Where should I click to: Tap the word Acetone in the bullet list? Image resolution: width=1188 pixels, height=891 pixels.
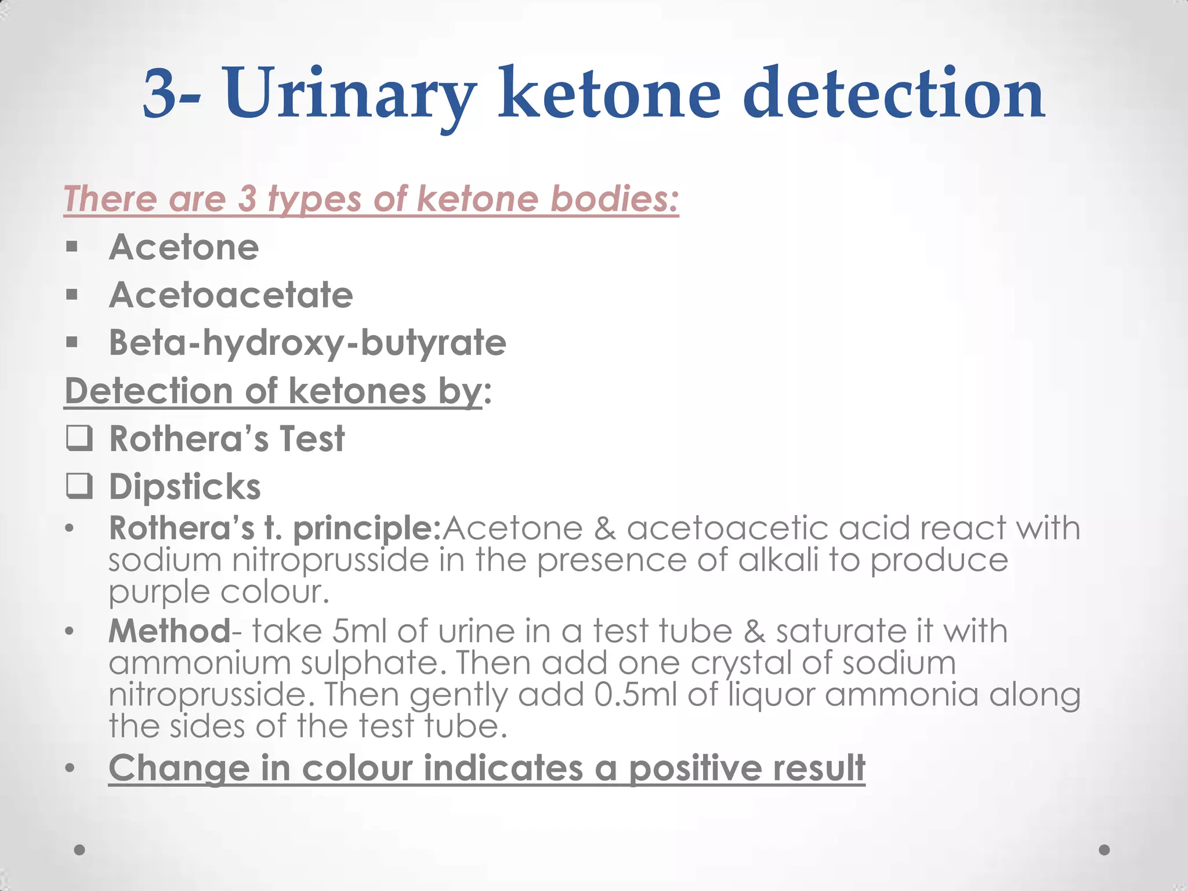point(184,248)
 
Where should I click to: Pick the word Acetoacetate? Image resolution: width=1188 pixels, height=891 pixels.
point(231,295)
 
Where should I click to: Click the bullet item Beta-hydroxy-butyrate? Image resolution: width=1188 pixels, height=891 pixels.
point(307,343)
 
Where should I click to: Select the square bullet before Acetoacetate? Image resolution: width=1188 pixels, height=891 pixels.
point(72,295)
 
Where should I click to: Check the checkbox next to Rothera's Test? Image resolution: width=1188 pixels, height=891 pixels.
point(79,439)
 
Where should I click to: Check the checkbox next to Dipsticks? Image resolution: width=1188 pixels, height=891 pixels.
point(79,486)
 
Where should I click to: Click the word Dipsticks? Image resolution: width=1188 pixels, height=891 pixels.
point(185,487)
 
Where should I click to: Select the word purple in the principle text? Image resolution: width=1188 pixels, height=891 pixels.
point(159,593)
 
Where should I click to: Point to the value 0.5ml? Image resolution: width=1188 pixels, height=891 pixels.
point(636,695)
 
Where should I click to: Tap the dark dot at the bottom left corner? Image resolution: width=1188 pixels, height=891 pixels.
point(80,850)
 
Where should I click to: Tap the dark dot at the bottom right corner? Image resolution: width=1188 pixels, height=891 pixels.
point(1104,850)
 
